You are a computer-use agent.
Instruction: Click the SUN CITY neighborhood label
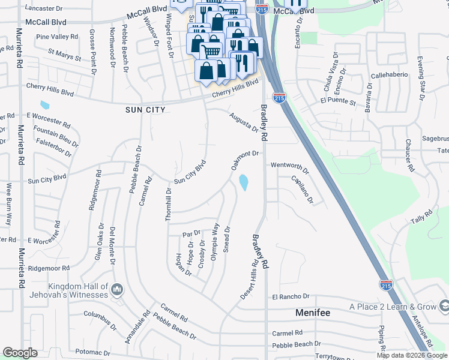point(145,110)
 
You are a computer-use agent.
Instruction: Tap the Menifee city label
point(313,313)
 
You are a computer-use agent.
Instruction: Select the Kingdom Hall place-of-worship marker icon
point(118,290)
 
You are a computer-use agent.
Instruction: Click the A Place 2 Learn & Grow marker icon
point(444,307)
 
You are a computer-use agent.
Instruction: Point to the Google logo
point(20,353)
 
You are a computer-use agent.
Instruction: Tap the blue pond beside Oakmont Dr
point(244,182)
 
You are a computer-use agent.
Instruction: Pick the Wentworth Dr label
point(289,167)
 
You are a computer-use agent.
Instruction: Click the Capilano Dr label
point(303,189)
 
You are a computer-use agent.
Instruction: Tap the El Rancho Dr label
point(291,296)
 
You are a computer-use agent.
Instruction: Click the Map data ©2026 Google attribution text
point(411,355)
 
